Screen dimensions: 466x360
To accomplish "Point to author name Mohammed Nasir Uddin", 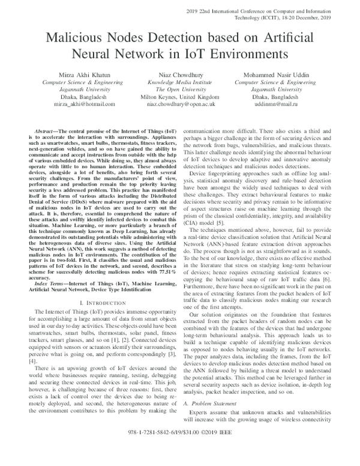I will point(275,73).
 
